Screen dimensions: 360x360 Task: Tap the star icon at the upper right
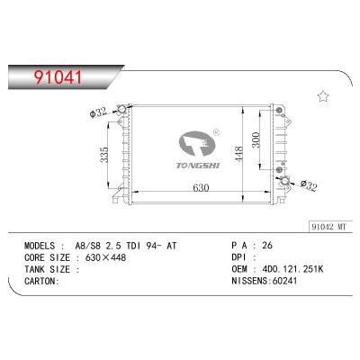(322, 95)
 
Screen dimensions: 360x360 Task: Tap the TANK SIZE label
(41, 267)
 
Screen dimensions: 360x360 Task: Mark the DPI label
(238, 256)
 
